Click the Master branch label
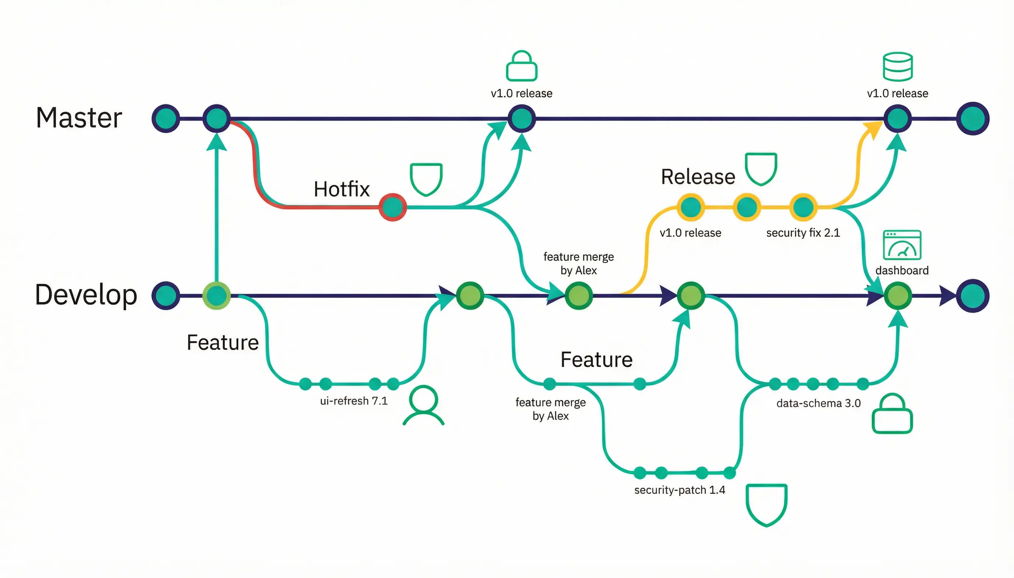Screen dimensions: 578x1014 tap(78, 118)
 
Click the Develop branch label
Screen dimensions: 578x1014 tap(86, 295)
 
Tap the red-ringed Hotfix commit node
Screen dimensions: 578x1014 tap(392, 207)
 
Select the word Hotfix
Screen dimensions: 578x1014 tap(341, 189)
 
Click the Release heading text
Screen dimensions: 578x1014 tap(698, 177)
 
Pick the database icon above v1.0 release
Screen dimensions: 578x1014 tap(897, 67)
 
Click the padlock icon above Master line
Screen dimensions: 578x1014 tap(521, 66)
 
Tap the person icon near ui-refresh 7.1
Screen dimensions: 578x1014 tap(423, 405)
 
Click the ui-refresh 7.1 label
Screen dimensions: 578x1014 tap(353, 401)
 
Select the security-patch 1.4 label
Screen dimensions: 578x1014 tap(679, 490)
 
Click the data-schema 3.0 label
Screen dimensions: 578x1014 tap(818, 403)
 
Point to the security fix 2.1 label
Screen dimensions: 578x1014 tap(803, 233)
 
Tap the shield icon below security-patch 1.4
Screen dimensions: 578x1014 tap(766, 504)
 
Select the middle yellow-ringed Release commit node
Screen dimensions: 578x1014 tap(746, 207)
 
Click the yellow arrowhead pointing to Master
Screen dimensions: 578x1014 tap(873, 129)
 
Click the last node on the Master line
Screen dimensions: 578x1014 tap(972, 118)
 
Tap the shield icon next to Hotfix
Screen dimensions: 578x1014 tap(426, 179)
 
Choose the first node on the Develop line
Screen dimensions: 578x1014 tap(166, 296)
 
